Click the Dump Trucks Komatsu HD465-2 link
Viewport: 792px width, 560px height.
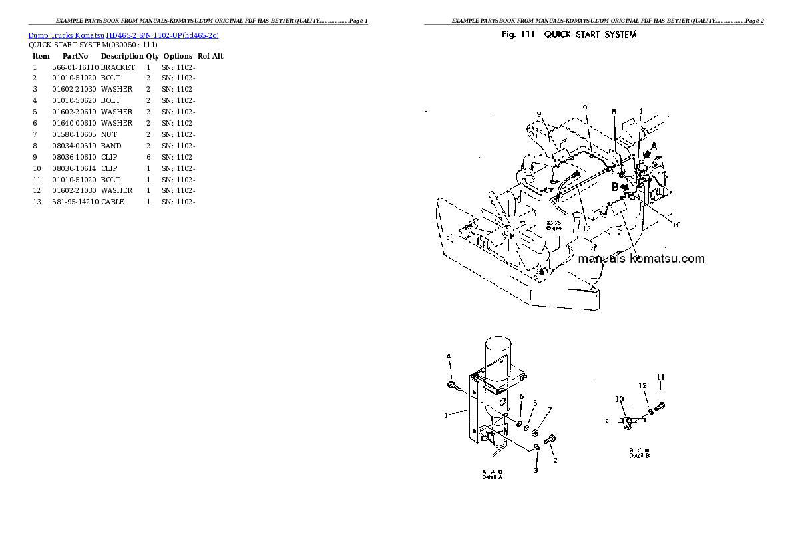click(x=123, y=35)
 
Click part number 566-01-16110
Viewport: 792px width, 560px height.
click(x=75, y=67)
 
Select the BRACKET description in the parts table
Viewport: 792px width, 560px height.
click(x=118, y=67)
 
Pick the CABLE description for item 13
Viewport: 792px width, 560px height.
click(x=112, y=202)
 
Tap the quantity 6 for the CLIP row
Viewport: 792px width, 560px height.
click(x=148, y=157)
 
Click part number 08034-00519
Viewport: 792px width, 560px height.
click(x=75, y=146)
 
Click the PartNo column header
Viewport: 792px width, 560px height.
click(x=73, y=57)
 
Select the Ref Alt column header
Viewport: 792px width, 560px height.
click(x=210, y=57)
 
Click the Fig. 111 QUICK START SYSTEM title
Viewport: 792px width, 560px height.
click(x=569, y=35)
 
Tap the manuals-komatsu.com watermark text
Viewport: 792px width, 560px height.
click(x=641, y=259)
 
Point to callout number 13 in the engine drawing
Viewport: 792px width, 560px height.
click(x=586, y=229)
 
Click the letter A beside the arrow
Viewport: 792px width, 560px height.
click(x=654, y=146)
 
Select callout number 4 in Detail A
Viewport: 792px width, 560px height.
click(x=449, y=356)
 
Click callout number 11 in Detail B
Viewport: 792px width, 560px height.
click(x=660, y=378)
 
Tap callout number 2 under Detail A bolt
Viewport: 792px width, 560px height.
click(x=555, y=460)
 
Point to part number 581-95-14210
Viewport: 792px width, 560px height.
click(x=75, y=202)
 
